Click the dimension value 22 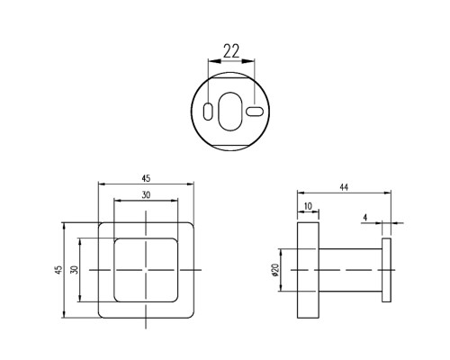231,51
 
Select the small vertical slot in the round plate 208,112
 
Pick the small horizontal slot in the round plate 255,112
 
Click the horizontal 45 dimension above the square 146,179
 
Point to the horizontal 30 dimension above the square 146,195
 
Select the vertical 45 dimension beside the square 58,269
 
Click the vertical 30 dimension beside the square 74,269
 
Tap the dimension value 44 344,187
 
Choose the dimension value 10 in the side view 308,206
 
